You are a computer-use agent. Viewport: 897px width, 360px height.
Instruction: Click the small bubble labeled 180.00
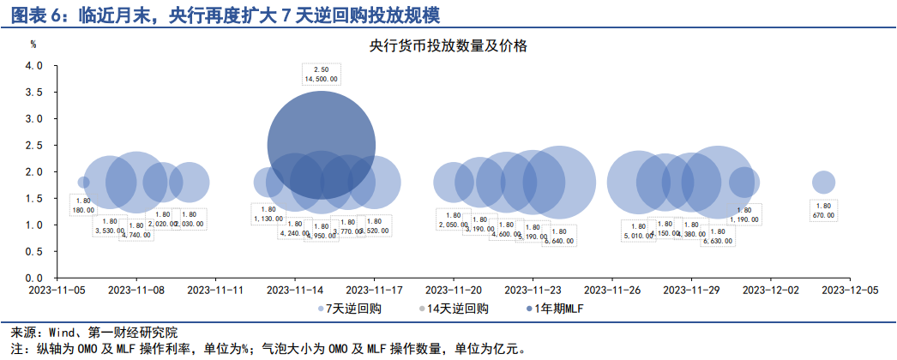point(83,182)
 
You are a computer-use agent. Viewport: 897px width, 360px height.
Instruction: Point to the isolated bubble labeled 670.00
point(823,182)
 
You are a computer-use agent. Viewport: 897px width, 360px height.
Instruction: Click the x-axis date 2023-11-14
point(295,291)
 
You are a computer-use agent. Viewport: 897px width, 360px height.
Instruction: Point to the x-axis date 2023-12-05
point(850,291)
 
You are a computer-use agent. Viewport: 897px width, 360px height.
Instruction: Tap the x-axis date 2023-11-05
point(57,291)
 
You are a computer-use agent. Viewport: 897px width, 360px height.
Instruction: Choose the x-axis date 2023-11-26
point(612,291)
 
